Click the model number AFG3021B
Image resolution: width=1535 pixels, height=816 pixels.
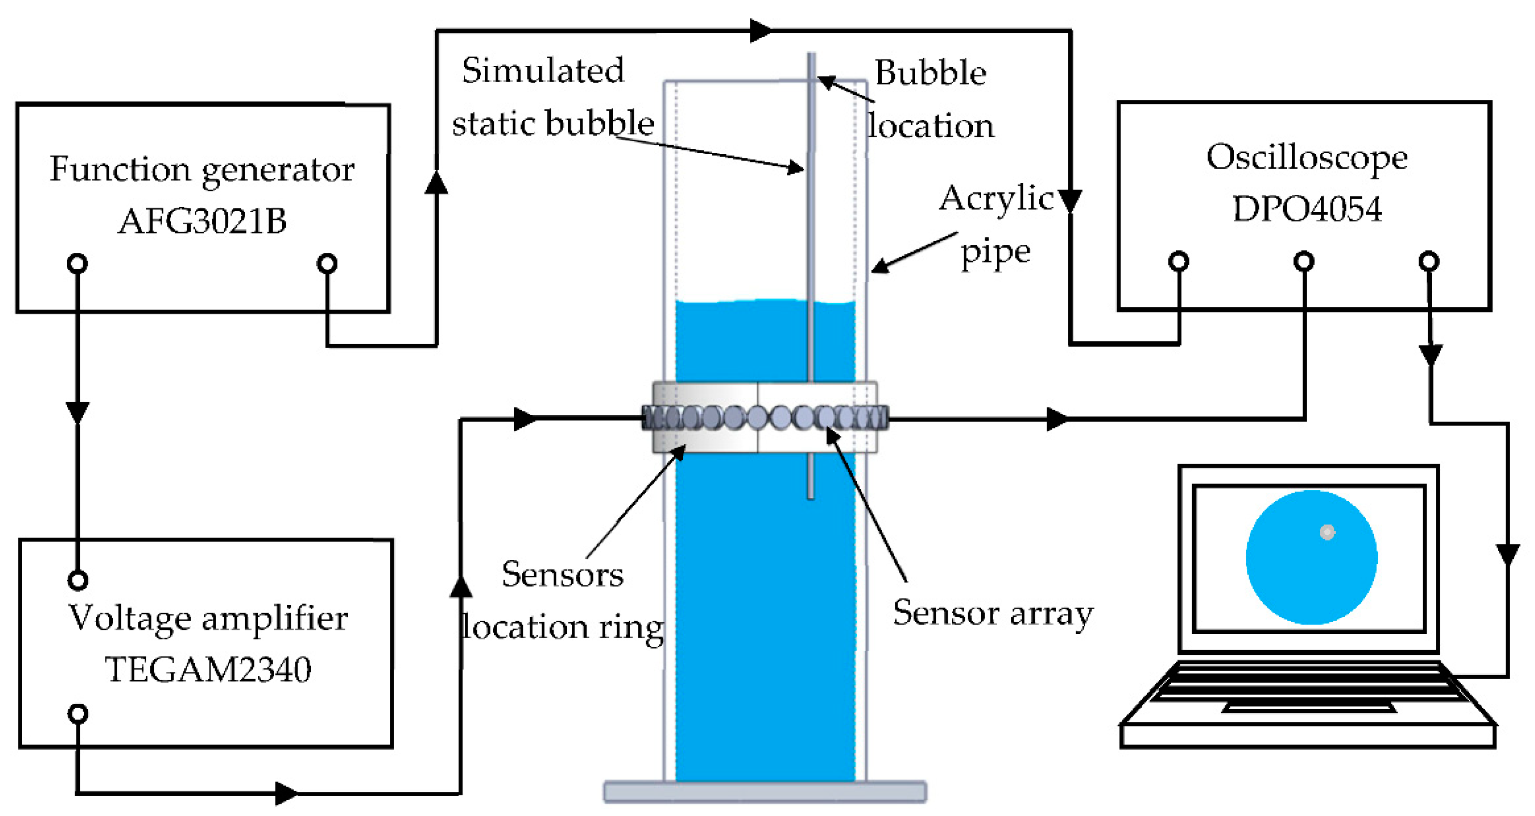coord(202,221)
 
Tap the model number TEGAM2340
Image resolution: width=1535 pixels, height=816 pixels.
coord(208,669)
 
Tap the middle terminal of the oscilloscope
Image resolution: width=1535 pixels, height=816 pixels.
coord(1304,261)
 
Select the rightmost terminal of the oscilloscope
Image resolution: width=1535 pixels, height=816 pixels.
coord(1429,261)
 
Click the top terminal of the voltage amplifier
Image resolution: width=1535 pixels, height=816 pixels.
coord(78,580)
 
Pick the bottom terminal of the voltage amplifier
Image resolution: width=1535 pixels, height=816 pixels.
coord(78,713)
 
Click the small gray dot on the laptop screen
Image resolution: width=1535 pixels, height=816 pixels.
coord(1327,532)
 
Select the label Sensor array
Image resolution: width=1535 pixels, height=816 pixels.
coord(993,613)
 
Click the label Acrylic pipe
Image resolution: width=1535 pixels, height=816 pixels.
coord(995,223)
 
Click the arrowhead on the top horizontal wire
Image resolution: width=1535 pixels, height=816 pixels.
coord(760,30)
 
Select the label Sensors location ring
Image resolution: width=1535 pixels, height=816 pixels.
coord(562,600)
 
